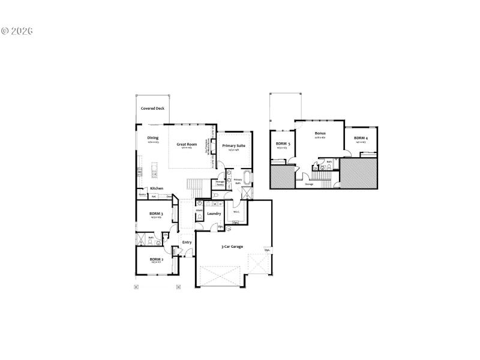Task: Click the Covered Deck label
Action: pos(152,109)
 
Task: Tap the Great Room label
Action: pos(186,145)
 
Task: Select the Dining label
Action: pos(153,139)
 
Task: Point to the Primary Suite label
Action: pos(233,146)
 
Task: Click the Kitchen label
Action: pos(157,188)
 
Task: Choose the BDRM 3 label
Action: pos(157,214)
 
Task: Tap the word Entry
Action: pos(187,242)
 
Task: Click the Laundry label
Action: pos(214,214)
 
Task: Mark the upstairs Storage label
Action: pos(309,184)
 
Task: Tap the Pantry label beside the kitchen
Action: pos(143,195)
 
